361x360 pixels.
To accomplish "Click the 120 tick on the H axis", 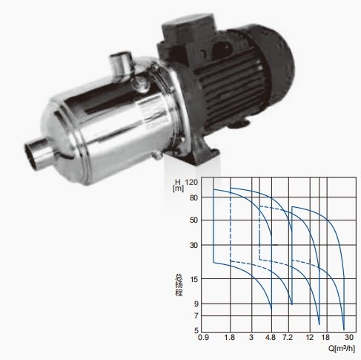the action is pos(191,183).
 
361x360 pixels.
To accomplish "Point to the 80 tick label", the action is pos(193,197).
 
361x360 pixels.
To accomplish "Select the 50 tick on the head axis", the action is pos(193,220).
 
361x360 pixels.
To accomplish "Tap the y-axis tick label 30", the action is pos(193,245).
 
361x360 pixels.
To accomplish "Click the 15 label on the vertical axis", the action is pos(193,279).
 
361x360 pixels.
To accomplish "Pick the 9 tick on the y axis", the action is pos(196,304).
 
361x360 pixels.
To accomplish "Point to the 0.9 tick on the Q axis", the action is pos(204,337).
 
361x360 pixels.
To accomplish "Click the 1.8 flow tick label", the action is pos(230,337).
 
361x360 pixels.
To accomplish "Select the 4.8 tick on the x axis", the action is pos(271,337).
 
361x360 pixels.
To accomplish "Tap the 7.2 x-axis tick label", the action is pos(288,337).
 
